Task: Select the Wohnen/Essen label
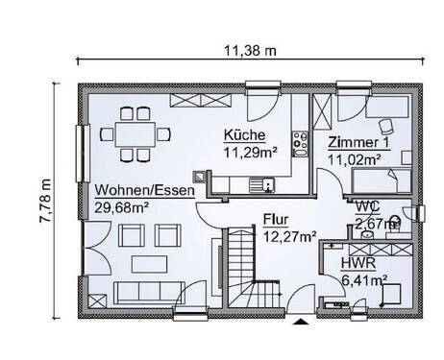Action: (143, 190)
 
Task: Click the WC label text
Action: (366, 206)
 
